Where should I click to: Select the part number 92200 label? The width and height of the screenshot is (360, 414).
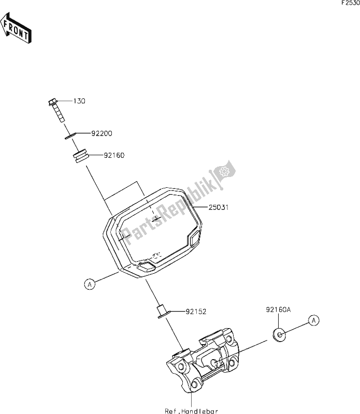(102, 134)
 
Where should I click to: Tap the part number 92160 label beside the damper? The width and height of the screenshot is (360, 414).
(114, 154)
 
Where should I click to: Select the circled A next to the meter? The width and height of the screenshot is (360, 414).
(90, 284)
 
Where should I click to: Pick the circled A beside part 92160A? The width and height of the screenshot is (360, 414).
(313, 320)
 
